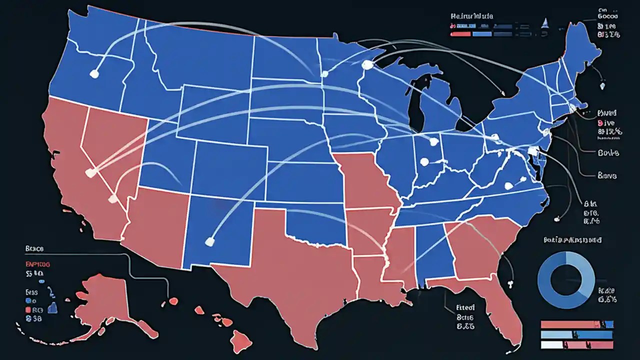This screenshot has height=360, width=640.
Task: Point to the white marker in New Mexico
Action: [209, 242]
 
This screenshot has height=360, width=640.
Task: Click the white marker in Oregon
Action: [93, 73]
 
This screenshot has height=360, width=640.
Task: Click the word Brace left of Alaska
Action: [34, 248]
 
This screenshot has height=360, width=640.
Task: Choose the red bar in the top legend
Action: [460, 33]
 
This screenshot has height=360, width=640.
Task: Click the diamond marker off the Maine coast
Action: [602, 85]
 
